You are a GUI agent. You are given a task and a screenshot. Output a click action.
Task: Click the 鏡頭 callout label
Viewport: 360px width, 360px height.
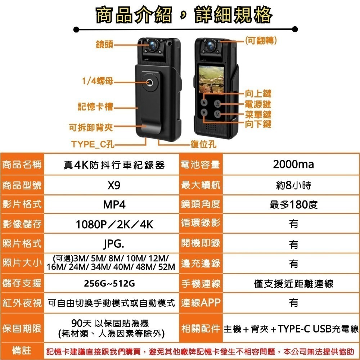(x=104, y=45)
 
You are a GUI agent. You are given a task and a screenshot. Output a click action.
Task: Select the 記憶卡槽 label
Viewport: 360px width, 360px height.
(x=96, y=107)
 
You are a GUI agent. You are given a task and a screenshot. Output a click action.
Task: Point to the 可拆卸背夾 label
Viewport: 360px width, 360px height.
(x=91, y=127)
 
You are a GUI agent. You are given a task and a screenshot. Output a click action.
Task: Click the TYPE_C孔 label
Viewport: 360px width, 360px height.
(x=93, y=145)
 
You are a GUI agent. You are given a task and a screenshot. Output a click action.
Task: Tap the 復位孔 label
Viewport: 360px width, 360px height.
(x=203, y=145)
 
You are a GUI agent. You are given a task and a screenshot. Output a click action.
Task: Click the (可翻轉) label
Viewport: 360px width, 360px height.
(x=261, y=41)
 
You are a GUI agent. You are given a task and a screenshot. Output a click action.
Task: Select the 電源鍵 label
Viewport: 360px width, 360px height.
(x=257, y=105)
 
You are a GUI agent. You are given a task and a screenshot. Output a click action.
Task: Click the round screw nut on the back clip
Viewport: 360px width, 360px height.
(x=149, y=83)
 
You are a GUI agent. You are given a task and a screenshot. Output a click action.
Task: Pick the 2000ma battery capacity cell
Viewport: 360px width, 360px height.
(x=293, y=165)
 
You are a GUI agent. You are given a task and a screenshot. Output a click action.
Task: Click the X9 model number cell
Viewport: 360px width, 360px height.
(x=114, y=185)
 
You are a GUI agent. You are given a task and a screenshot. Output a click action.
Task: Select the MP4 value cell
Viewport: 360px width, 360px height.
(x=114, y=205)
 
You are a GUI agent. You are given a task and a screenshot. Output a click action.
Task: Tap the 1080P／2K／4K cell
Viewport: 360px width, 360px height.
(x=114, y=225)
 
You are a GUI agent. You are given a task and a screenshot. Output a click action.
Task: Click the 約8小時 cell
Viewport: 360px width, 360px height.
(x=293, y=185)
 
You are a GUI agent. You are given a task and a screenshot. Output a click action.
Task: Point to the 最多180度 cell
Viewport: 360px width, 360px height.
(x=293, y=205)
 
